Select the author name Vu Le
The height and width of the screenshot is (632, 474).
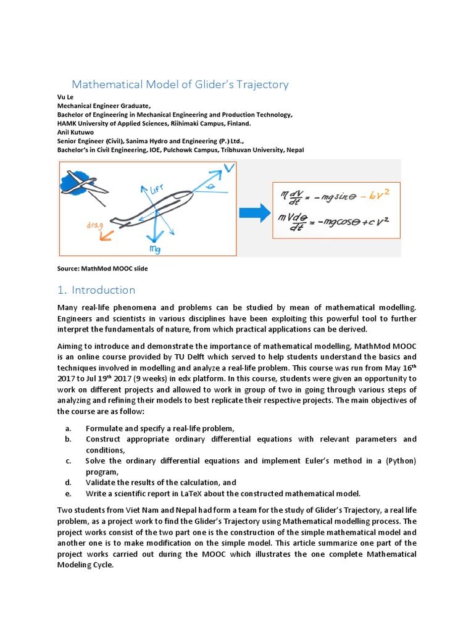point(65,98)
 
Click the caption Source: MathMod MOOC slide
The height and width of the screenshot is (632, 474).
point(102,269)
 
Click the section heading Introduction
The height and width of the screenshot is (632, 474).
point(103,290)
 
